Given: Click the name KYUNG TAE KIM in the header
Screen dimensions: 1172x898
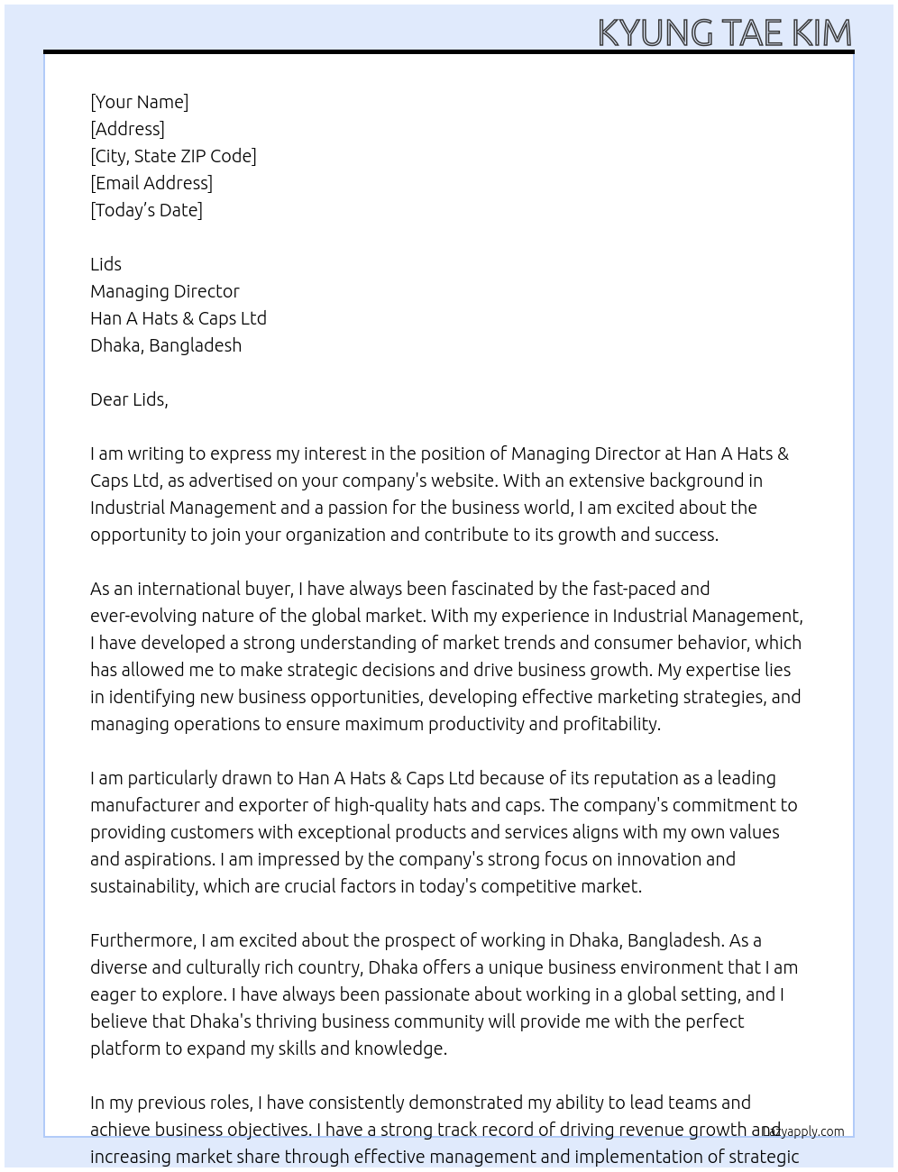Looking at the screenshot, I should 725,32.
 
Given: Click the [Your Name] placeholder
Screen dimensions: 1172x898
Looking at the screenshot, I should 139,102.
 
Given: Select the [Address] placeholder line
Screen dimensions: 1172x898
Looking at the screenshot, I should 127,129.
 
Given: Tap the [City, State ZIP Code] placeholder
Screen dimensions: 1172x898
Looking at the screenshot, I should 173,156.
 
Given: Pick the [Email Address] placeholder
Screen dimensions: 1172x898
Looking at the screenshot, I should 151,183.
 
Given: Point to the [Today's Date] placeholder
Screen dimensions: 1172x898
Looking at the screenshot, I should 146,210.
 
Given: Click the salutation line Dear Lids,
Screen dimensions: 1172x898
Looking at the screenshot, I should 129,399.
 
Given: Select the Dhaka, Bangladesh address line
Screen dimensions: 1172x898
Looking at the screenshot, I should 166,345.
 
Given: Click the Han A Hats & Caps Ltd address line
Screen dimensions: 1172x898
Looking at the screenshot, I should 179,318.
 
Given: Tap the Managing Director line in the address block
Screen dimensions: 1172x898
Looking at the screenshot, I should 165,291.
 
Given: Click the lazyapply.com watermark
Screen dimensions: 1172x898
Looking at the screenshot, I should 803,1131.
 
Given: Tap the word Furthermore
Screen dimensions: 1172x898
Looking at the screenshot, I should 142,940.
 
